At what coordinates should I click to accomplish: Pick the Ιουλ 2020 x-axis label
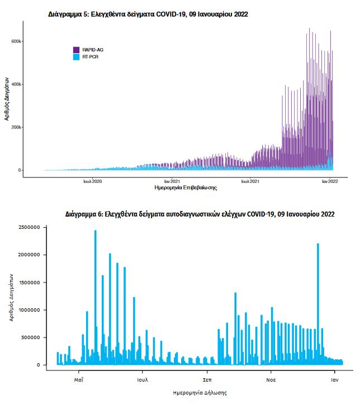click(93, 181)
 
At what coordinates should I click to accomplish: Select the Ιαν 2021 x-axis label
click(172, 181)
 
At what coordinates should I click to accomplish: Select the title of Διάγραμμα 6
click(200, 214)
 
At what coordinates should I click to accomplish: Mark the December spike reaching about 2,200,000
click(318, 246)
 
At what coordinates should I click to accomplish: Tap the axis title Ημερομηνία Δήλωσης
click(200, 392)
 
